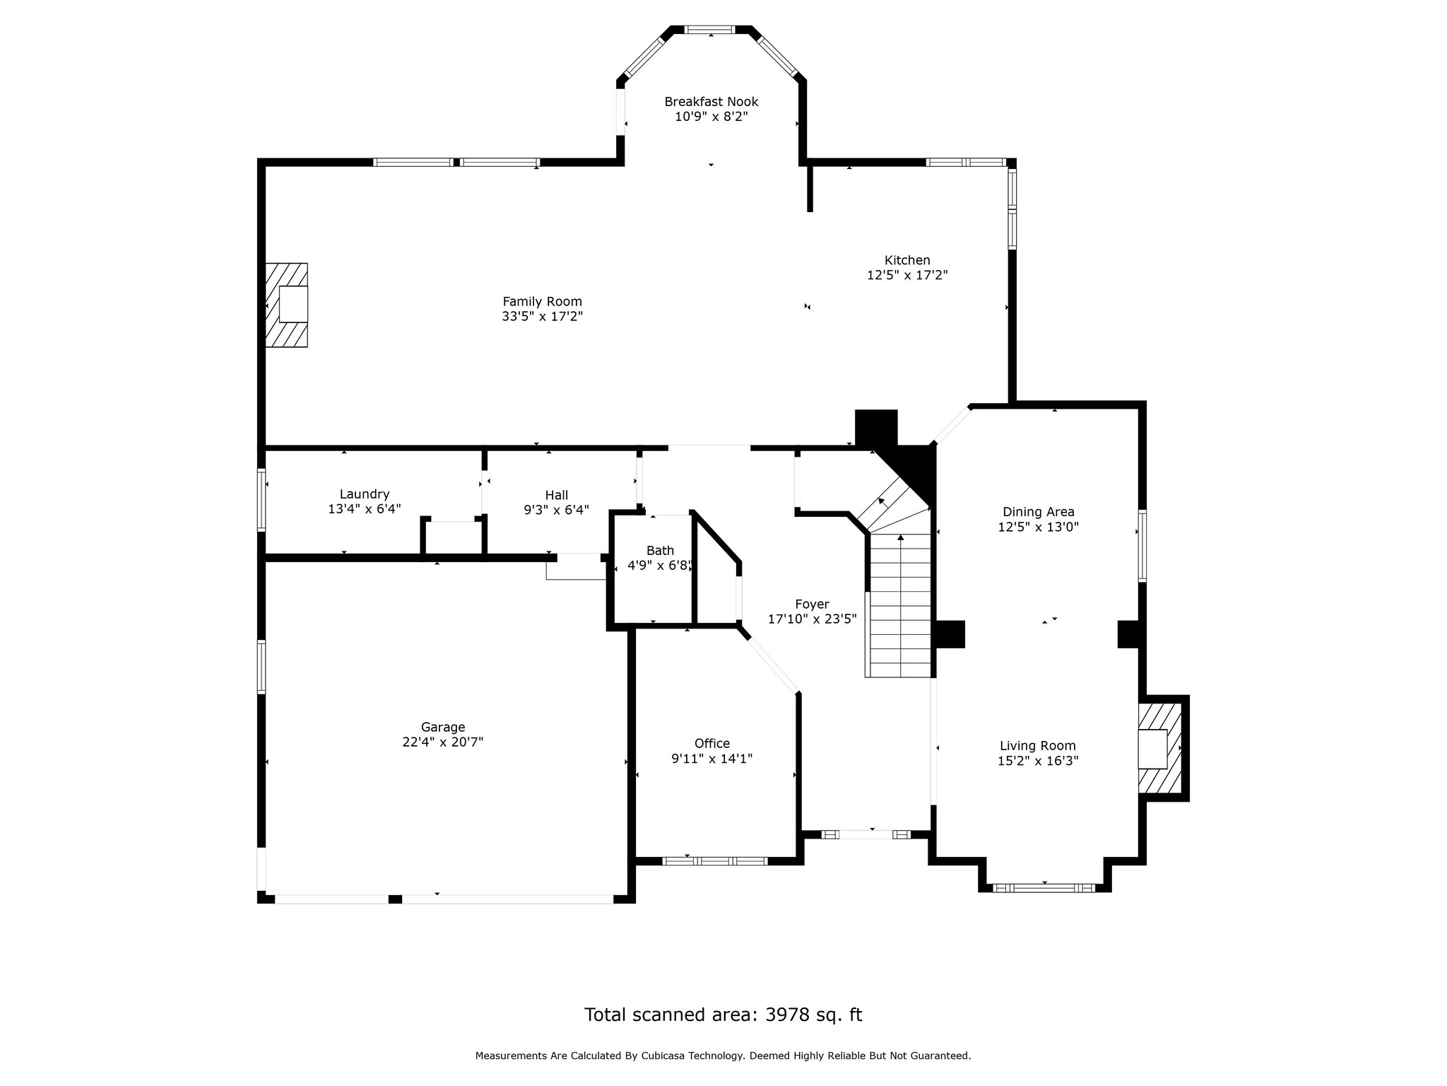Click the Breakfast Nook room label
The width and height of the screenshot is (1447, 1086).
tap(711, 102)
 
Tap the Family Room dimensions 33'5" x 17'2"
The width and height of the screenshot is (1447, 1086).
tap(542, 317)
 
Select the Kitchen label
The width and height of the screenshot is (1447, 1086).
tap(907, 260)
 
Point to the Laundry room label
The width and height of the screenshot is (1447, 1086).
tap(365, 494)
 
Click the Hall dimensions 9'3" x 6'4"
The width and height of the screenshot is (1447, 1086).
tap(556, 510)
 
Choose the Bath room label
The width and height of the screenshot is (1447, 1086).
tap(660, 550)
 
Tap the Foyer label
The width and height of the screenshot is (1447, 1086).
tap(812, 605)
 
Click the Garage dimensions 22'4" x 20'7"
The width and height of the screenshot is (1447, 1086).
tap(443, 742)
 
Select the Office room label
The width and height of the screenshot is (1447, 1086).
tap(711, 743)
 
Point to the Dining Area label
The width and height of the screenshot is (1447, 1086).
tap(1039, 512)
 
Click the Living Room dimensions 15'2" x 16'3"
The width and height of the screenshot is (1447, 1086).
tap(1038, 761)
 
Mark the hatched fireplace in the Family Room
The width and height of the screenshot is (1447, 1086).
tap(286, 305)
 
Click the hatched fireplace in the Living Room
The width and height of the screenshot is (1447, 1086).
tap(1159, 749)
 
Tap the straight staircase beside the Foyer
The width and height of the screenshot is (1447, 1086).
tap(898, 605)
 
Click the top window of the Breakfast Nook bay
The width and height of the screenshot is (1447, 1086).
tap(710, 30)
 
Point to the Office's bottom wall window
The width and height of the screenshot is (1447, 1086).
tap(715, 860)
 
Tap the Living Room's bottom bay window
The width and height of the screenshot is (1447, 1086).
tap(1044, 887)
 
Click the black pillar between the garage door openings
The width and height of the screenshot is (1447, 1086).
tap(395, 899)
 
